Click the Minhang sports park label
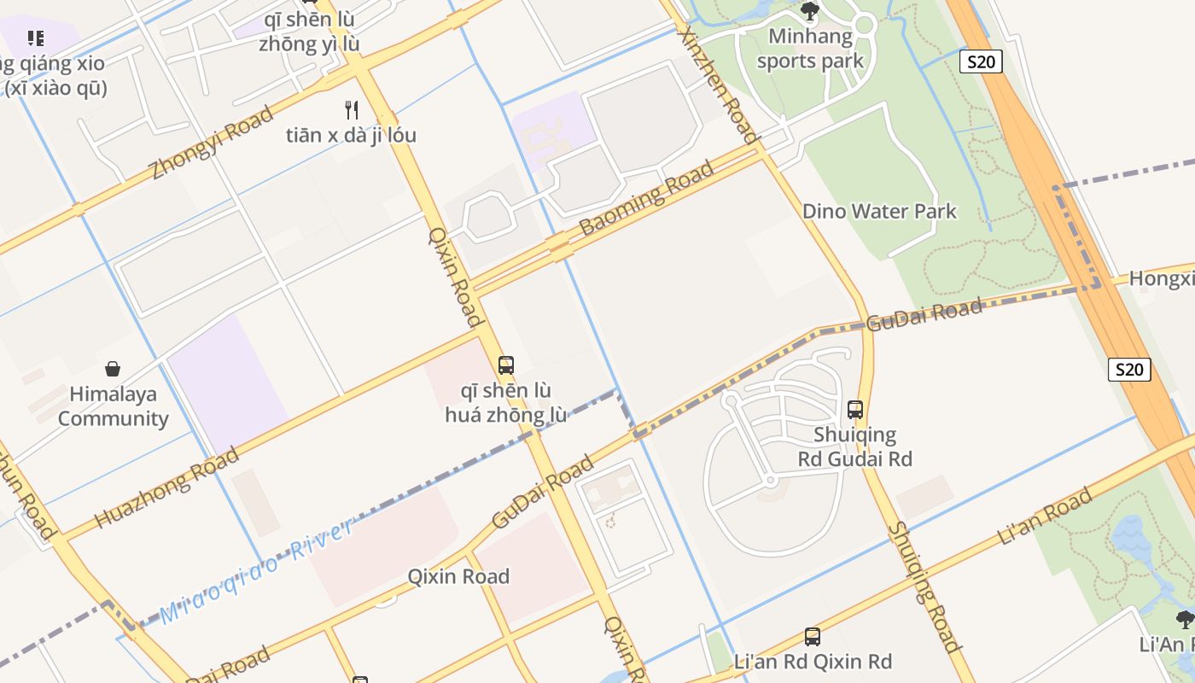click(x=810, y=49)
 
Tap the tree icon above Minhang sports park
click(x=810, y=11)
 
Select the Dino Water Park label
click(x=879, y=211)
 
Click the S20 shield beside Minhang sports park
click(x=981, y=61)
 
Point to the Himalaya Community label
click(x=113, y=406)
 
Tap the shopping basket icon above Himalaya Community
click(x=113, y=369)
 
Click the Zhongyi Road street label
click(x=212, y=143)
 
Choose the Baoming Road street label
click(x=646, y=198)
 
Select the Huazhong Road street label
click(x=166, y=487)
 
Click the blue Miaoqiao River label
click(x=256, y=570)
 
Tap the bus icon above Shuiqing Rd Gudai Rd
click(x=855, y=410)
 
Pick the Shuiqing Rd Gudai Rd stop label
click(x=855, y=447)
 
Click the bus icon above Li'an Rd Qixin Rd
click(x=813, y=637)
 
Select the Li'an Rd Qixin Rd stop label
click(x=813, y=662)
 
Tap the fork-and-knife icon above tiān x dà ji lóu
click(x=351, y=109)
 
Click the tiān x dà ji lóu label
click(x=351, y=135)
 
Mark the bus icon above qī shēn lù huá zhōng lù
click(x=506, y=365)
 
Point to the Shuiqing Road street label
click(x=924, y=587)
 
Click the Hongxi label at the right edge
click(x=1161, y=278)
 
